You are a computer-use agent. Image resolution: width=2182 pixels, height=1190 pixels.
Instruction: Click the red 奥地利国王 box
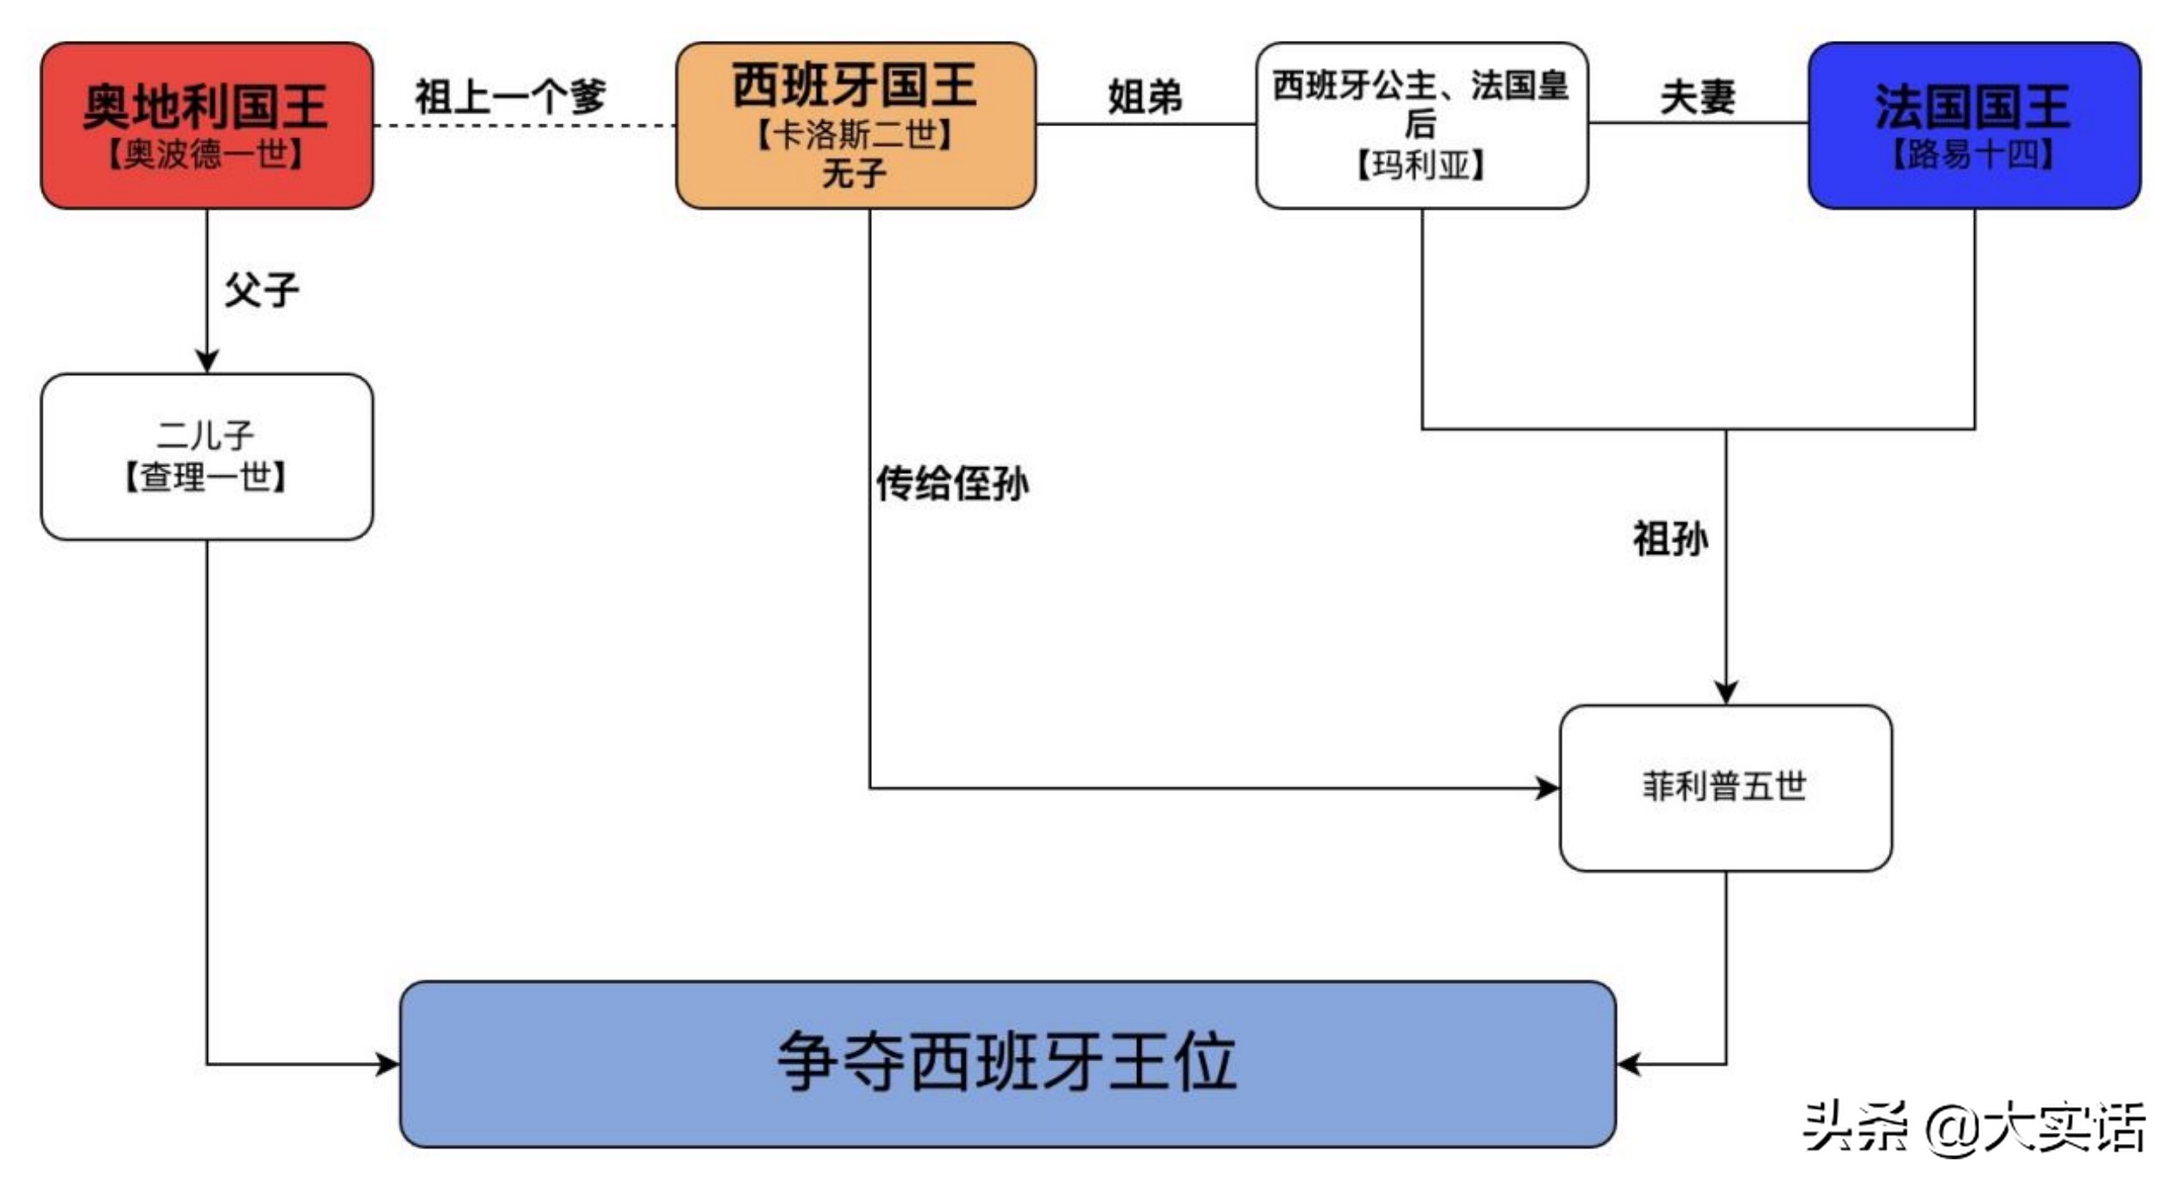coord(206,125)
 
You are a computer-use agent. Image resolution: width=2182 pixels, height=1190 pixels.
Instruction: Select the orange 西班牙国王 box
coord(855,125)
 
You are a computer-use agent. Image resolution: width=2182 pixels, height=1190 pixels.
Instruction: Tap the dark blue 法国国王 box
coord(1973,125)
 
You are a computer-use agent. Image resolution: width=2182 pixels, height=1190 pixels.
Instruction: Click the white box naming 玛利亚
coord(1421,125)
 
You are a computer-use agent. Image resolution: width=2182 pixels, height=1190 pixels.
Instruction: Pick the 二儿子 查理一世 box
coord(206,456)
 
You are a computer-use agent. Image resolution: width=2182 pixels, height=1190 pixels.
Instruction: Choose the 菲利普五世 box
coord(1724,787)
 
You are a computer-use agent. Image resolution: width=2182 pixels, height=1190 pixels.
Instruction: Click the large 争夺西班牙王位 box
coord(1007,1063)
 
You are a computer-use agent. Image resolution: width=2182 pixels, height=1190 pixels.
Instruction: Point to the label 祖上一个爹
coord(510,95)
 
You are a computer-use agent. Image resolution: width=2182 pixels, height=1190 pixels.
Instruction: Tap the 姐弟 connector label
coord(1144,95)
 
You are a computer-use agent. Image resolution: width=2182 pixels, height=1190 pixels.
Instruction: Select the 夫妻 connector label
coord(1696,96)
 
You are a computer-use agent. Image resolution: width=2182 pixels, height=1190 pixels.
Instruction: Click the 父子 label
coord(261,290)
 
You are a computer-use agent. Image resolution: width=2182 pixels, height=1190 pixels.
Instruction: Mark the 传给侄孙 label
coord(952,483)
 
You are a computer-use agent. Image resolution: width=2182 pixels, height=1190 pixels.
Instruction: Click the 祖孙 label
coord(1670,539)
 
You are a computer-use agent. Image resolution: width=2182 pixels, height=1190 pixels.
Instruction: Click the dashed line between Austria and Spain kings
coord(524,125)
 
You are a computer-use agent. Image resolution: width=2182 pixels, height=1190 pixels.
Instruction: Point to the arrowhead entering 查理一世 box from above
coord(206,361)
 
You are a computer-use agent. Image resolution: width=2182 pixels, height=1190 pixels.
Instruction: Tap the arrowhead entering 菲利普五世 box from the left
coord(1547,788)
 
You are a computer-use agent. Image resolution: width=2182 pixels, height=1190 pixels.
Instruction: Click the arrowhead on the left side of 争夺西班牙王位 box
coord(389,1063)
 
